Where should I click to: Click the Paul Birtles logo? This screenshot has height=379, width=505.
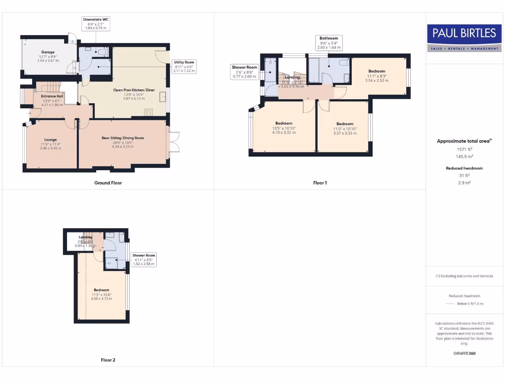[x=464, y=38]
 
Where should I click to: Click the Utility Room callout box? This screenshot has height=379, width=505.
[x=184, y=67]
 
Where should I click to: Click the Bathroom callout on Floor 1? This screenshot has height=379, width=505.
[x=328, y=42]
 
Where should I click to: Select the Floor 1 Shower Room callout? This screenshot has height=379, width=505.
[x=245, y=72]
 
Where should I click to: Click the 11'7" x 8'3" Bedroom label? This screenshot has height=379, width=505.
[x=377, y=76]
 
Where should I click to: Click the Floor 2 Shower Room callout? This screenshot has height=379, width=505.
[x=144, y=260]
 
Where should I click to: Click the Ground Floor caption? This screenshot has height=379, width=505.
[x=108, y=183]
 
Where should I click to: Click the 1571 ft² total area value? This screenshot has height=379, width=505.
[x=464, y=149]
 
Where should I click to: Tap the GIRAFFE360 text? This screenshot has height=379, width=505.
[x=464, y=353]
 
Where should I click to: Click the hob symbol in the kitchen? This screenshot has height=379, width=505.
[x=148, y=113]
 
